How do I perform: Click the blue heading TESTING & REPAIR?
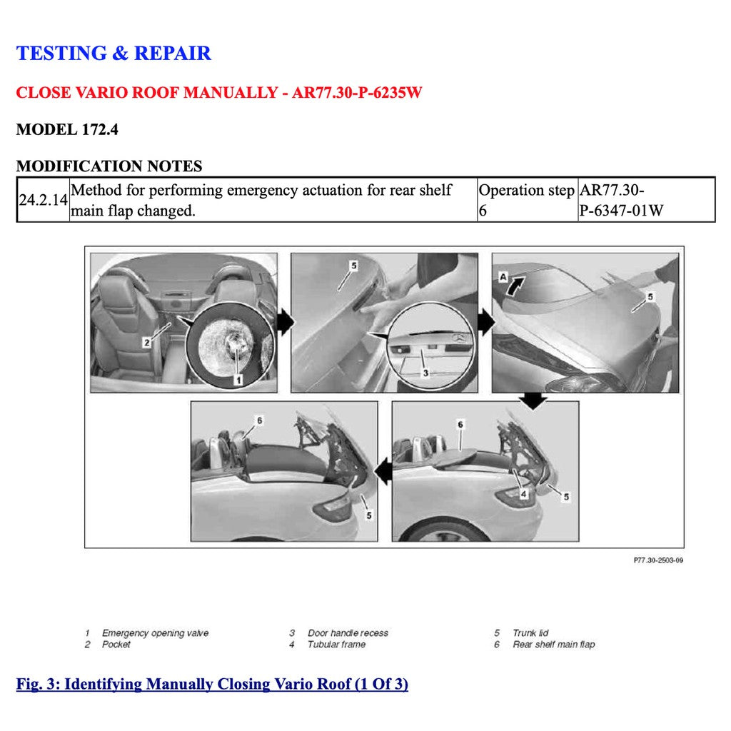(114, 54)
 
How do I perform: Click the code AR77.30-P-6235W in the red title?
(357, 94)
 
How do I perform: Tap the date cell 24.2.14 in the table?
(43, 201)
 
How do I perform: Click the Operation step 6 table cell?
(527, 201)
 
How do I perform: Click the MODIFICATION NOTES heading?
(109, 166)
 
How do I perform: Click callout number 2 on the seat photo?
(147, 342)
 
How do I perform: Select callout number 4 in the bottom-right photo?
(523, 493)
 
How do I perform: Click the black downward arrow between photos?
(533, 401)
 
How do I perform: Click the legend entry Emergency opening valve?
(155, 633)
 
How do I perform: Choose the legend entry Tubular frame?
(336, 645)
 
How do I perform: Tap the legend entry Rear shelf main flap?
(553, 645)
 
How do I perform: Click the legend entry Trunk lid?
(530, 633)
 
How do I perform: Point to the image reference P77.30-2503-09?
(658, 561)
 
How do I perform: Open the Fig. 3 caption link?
(212, 685)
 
